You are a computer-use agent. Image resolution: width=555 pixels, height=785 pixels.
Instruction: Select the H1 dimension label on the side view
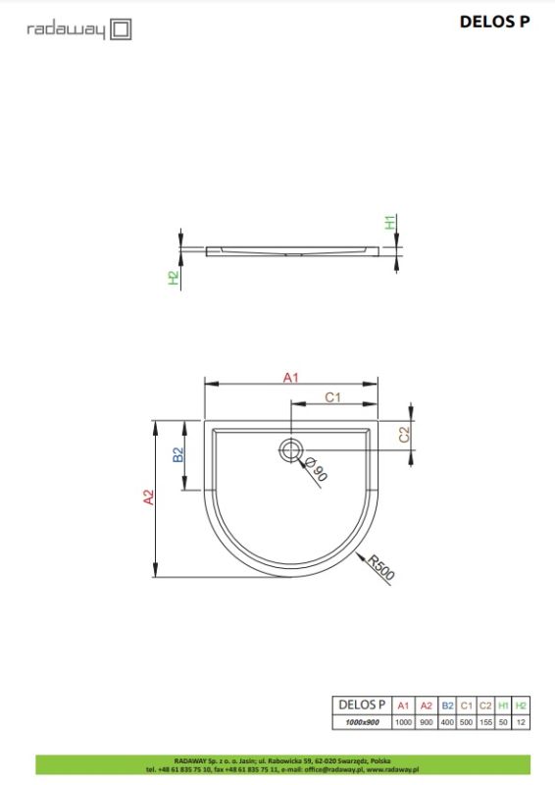coord(389,223)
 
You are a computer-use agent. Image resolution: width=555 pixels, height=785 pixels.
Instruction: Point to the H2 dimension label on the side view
coord(174,279)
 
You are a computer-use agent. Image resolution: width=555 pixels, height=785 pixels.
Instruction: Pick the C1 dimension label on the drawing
coord(332,397)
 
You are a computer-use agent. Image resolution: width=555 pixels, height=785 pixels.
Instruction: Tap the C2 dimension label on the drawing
coord(403,434)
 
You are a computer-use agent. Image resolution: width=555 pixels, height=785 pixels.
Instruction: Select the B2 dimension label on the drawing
coord(178,455)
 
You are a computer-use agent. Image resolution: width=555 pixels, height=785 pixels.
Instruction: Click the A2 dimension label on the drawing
coord(148,497)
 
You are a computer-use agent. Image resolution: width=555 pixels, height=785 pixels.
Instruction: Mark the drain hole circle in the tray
coord(290,451)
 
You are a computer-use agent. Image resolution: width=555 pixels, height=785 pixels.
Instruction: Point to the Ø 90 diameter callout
coord(316,470)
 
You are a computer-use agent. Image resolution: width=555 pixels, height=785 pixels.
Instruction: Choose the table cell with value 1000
coord(402,721)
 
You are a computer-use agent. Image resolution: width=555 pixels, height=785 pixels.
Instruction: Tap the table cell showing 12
coord(521,721)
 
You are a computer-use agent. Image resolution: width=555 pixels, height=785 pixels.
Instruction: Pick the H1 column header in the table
coord(503,705)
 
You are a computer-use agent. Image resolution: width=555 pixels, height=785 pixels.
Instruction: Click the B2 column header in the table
coord(447,705)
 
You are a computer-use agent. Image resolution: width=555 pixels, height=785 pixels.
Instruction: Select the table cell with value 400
coord(447,721)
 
